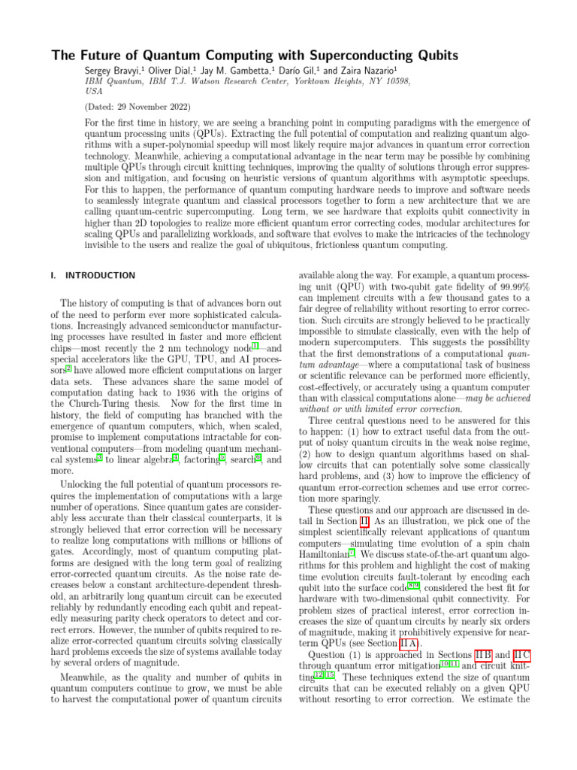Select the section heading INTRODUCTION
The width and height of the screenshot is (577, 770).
pyautogui.click(x=100, y=275)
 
